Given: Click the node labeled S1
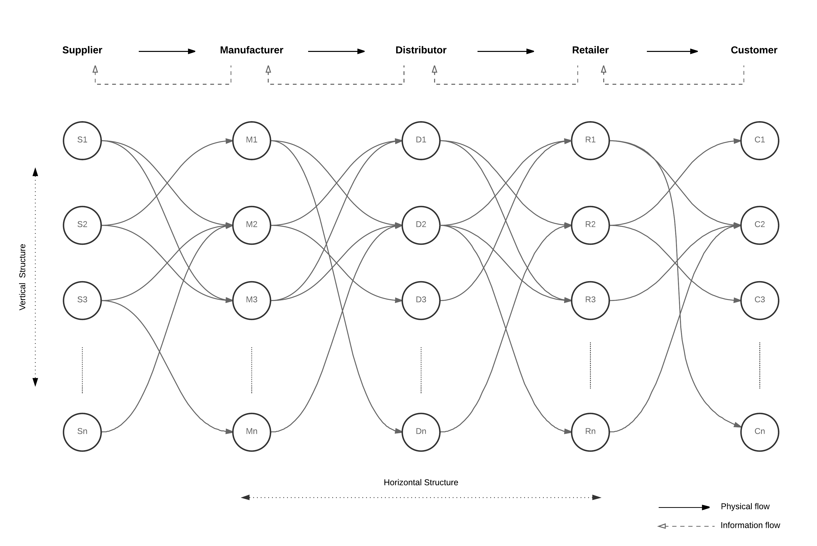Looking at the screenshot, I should [x=82, y=141].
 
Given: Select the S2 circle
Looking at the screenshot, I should [x=82, y=225].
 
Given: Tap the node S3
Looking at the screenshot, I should [x=82, y=300].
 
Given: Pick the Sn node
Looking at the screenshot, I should [x=82, y=432].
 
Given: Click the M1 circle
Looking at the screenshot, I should [x=251, y=141].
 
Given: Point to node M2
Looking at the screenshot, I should [x=251, y=225].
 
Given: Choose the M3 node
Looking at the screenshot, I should [x=251, y=300].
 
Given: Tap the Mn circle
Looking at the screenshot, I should [x=251, y=432].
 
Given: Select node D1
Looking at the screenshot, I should [x=421, y=141].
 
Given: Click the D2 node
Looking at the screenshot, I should [x=421, y=225].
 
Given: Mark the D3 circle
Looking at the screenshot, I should [x=421, y=300].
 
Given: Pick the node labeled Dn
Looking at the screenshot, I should [x=421, y=432].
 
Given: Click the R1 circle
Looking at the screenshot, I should [x=590, y=141].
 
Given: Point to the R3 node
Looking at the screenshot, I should [x=590, y=300].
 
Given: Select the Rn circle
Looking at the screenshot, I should [x=590, y=432].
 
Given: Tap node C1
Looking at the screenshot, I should [x=760, y=141].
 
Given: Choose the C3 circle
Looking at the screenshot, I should [x=760, y=300].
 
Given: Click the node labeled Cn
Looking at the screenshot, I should [x=760, y=432].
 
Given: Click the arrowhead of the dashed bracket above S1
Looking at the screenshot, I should [x=95, y=69].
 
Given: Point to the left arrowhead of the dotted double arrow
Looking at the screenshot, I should [x=245, y=497].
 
